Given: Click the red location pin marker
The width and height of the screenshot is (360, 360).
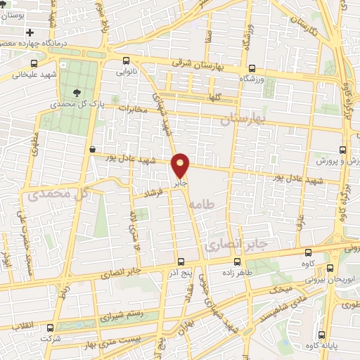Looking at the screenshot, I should point(181,166).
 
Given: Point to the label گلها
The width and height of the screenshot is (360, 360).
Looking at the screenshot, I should point(215,98).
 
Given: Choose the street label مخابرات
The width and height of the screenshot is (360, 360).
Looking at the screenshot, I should point(135,110).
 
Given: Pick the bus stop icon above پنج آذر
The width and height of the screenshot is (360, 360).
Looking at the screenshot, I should point(181,261).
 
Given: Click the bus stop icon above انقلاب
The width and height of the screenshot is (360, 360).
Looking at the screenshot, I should point(49,327).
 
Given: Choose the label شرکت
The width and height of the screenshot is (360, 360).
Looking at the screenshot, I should point(51,338).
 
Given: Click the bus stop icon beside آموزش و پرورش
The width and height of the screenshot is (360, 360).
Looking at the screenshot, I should point(342,150).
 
